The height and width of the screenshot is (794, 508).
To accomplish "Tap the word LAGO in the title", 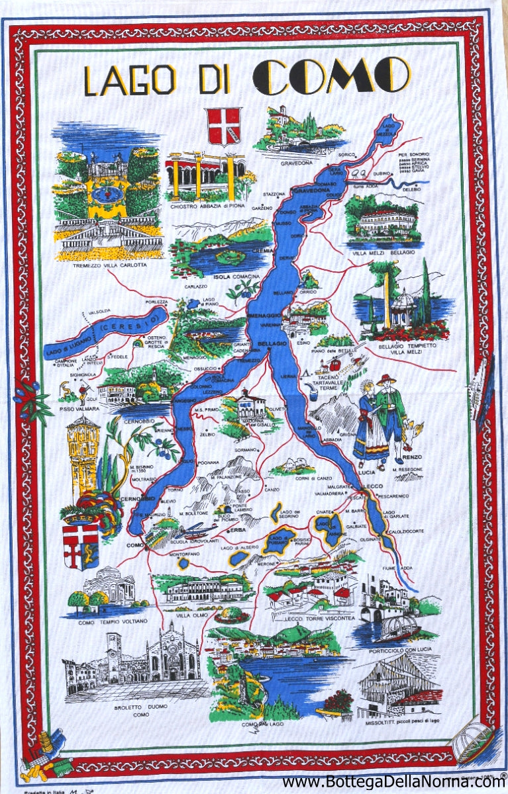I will tap(130, 80).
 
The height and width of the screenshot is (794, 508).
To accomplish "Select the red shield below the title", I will tap(225, 126).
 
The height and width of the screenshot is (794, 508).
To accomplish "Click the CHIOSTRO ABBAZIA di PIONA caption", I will tap(207, 206).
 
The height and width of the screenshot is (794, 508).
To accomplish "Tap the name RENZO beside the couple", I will tap(412, 457).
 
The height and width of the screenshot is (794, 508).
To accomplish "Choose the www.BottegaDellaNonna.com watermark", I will tap(393, 782).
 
